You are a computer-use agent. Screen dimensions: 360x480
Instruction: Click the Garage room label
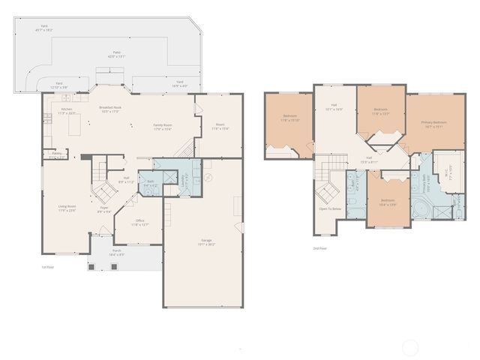[x=205, y=240]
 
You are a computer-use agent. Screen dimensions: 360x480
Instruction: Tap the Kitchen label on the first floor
[x=67, y=109]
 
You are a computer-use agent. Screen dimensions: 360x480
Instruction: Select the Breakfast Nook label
[x=110, y=107]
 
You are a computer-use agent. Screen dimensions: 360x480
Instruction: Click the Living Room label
[x=67, y=206]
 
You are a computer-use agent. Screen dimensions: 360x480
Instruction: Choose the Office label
[x=140, y=220]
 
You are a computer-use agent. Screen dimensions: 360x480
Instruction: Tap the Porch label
[x=117, y=251]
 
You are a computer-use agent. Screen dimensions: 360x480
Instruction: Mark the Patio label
[x=114, y=52]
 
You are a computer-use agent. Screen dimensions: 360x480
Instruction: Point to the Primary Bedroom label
[x=433, y=122]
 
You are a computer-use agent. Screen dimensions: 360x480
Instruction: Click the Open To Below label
[x=330, y=209]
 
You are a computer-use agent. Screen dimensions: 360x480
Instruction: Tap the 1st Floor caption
[x=47, y=266]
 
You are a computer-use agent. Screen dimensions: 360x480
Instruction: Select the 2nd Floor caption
[x=320, y=248]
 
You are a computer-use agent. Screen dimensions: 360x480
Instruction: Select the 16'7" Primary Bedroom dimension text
[x=433, y=127]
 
